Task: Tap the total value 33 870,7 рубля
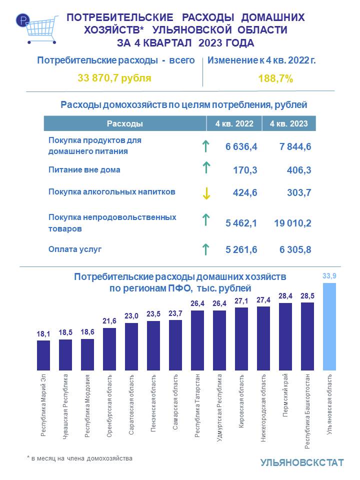114,78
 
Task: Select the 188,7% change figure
275,78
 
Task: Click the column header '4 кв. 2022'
234,123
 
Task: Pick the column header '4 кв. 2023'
288,123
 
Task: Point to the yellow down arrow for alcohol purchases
205,194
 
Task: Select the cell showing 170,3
245,170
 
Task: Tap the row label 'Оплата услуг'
75,248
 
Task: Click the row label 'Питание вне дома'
84,169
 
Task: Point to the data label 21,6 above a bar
109,320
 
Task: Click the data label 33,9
329,275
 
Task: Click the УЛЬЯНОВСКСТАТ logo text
301,462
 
